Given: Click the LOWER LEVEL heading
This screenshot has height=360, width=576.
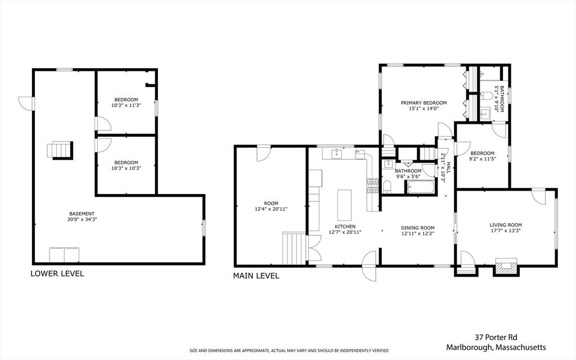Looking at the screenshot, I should [x=57, y=274].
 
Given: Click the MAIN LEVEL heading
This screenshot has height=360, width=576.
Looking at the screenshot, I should [x=256, y=276].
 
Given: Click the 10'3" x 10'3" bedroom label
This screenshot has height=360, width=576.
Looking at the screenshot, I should [x=126, y=165].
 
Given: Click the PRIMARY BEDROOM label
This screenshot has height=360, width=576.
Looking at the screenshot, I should [x=424, y=106].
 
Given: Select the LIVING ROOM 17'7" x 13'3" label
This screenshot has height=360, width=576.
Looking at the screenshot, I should [x=506, y=228].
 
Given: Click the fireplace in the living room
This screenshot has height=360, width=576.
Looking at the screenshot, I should [x=505, y=267].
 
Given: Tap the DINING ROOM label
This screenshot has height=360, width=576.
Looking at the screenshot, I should [x=417, y=231].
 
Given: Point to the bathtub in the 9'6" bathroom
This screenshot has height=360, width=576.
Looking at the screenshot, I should [x=421, y=187].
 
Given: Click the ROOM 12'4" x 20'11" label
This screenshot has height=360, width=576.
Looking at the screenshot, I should [x=271, y=206].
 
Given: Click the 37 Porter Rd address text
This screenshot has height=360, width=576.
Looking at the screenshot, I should [x=496, y=337].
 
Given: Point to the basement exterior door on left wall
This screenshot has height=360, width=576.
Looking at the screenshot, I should [x=26, y=103].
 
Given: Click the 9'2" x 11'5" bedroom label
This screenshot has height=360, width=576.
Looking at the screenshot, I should [x=483, y=156].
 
